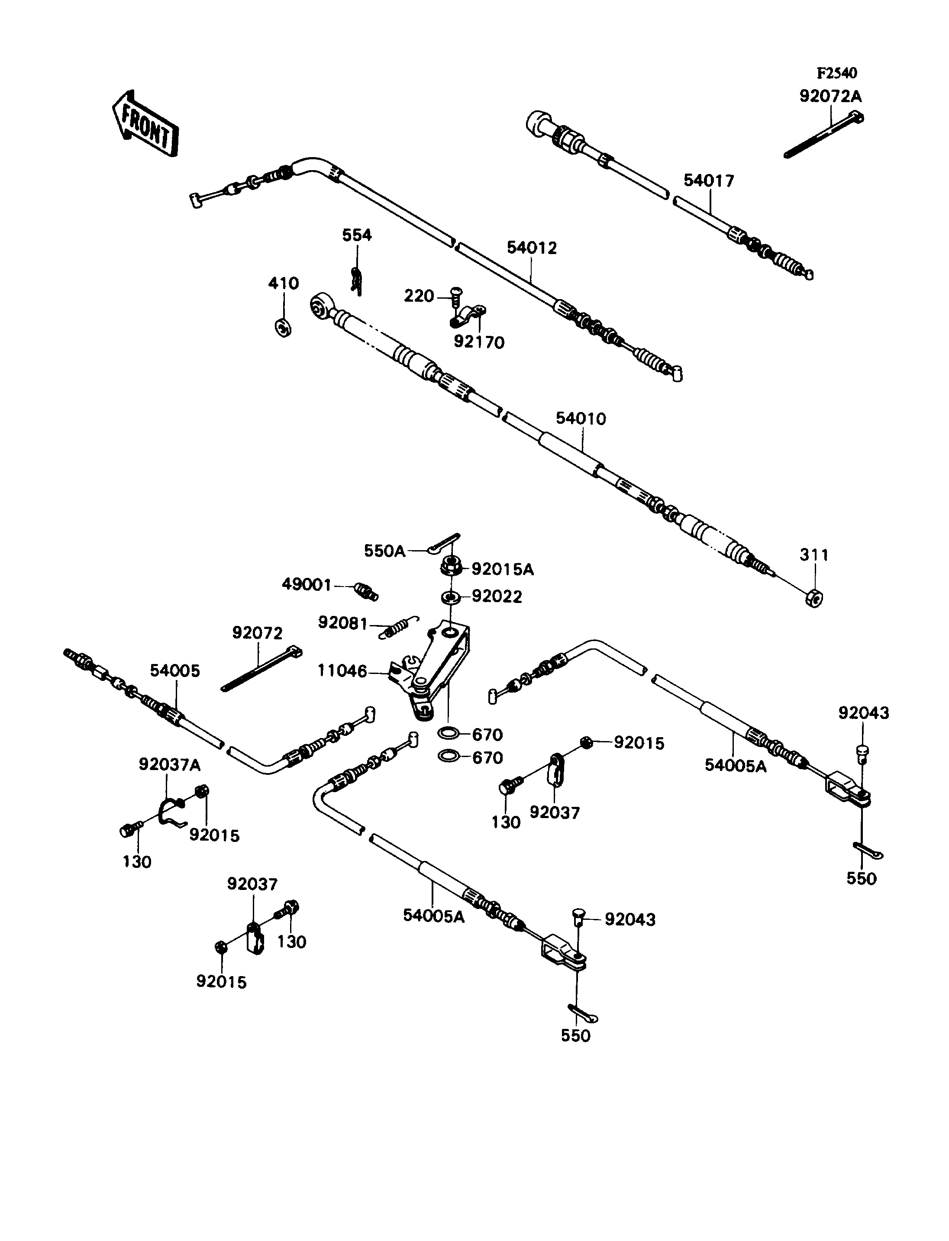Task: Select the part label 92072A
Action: [x=830, y=97]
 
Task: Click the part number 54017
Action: [x=708, y=181]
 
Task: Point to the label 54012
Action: [x=532, y=248]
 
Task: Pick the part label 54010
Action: [x=581, y=419]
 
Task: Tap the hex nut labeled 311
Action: [x=813, y=597]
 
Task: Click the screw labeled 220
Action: [x=455, y=298]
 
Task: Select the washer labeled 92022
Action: [x=450, y=596]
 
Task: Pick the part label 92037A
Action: [x=169, y=765]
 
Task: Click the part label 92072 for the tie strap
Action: [x=257, y=633]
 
